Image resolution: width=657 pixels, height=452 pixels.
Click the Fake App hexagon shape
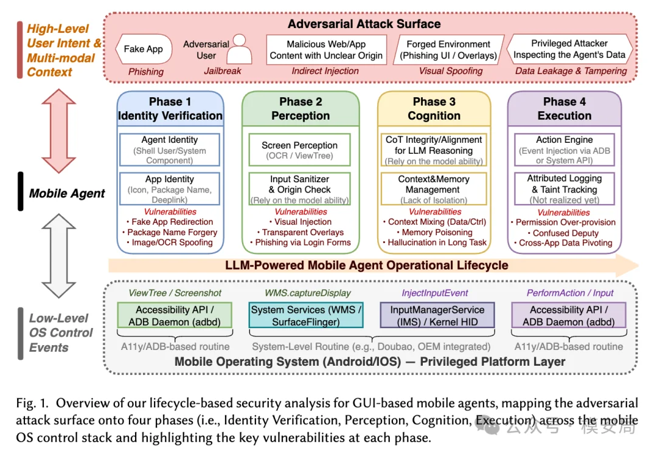(x=144, y=49)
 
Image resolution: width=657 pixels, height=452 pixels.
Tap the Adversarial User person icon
(x=240, y=49)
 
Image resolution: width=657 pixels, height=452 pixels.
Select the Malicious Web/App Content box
(x=326, y=50)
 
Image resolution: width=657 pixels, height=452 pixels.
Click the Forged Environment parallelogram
(x=448, y=50)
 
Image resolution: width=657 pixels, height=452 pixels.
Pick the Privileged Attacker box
(x=569, y=49)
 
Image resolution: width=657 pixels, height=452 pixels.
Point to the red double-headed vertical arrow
(x=59, y=131)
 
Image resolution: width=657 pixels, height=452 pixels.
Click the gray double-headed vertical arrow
(x=59, y=256)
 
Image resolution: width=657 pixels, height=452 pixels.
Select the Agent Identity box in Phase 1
(x=170, y=150)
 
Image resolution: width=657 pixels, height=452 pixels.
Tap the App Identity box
(x=170, y=189)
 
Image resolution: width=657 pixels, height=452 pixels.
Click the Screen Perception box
(x=299, y=150)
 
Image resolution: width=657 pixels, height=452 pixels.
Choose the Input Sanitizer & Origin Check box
(x=299, y=189)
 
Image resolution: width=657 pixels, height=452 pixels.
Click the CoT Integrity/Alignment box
(x=434, y=150)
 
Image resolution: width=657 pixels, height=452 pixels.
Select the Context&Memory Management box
(x=434, y=189)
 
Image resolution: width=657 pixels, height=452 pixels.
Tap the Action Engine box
(x=565, y=150)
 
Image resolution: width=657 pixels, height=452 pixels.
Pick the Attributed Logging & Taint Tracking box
(x=565, y=189)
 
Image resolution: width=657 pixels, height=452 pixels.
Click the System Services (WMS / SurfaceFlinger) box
(x=306, y=315)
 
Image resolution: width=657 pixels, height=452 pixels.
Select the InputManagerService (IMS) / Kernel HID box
(x=437, y=315)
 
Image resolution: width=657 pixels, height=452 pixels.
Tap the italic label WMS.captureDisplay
(x=308, y=293)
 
